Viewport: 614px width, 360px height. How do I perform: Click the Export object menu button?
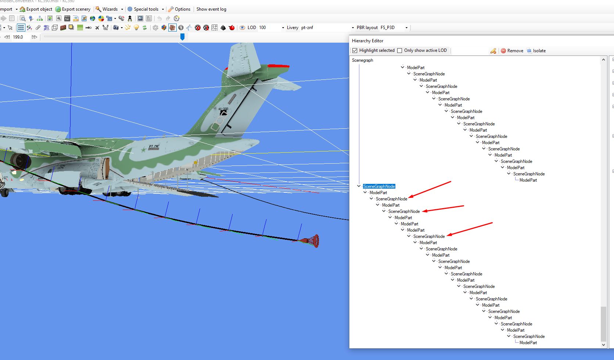pyautogui.click(x=36, y=9)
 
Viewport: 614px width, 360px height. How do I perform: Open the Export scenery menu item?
pyautogui.click(x=73, y=9)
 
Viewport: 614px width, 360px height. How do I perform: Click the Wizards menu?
pyautogui.click(x=109, y=9)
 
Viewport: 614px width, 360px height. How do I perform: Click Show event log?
pyautogui.click(x=211, y=9)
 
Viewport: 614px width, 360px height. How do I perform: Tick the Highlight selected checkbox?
pyautogui.click(x=355, y=50)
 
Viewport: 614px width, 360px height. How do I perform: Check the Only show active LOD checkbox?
pyautogui.click(x=400, y=50)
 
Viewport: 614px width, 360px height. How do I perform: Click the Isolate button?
pyautogui.click(x=536, y=51)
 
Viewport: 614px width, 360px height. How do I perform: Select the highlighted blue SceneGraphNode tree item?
pyautogui.click(x=379, y=186)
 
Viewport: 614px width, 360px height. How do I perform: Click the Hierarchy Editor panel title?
pyautogui.click(x=367, y=40)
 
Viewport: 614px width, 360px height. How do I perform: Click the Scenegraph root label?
pyautogui.click(x=362, y=60)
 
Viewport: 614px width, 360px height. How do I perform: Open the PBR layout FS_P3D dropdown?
pyautogui.click(x=394, y=28)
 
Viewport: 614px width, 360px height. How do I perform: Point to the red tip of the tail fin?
pyautogui.click(x=278, y=66)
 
